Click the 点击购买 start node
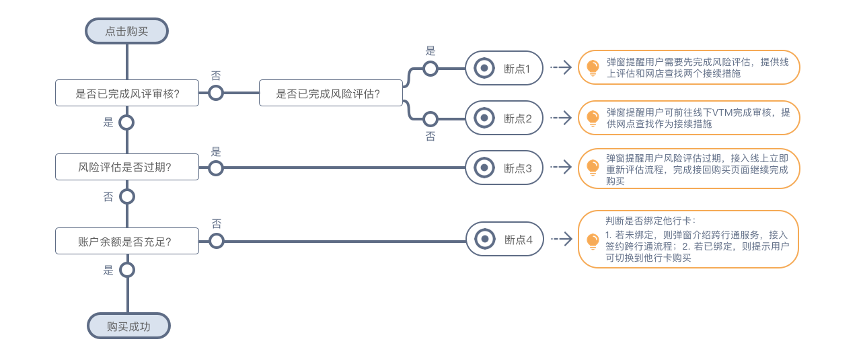[x=126, y=31]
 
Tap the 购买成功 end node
[x=128, y=326]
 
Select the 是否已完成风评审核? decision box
[x=126, y=94]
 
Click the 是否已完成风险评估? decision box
[x=330, y=94]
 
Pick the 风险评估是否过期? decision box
[x=126, y=167]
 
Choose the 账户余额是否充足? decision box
[x=126, y=240]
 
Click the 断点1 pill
[x=504, y=68]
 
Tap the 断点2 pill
[x=504, y=118]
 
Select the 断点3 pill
[x=504, y=168]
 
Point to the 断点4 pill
[x=504, y=240]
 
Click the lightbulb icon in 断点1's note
[x=593, y=67]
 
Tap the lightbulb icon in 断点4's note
[x=593, y=240]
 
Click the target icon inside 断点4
[x=483, y=240]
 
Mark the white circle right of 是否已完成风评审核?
[x=216, y=94]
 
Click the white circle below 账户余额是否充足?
[x=126, y=270]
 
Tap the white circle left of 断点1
[x=430, y=68]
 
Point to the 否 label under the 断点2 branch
[x=430, y=137]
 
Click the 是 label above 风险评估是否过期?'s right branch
[x=216, y=151]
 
